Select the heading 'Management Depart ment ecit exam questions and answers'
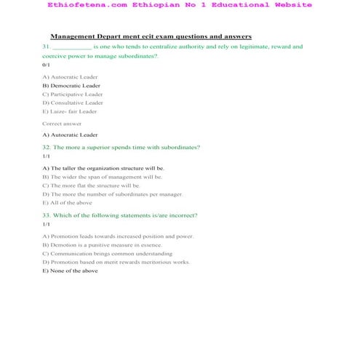pyautogui.click(x=151, y=36)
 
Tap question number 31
pyautogui.click(x=46, y=47)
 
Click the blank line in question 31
pyautogui.click(x=72, y=47)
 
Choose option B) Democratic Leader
pyautogui.click(x=71, y=85)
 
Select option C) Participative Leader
pyautogui.click(x=73, y=94)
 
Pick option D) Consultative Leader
pyautogui.click(x=73, y=103)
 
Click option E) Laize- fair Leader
pyautogui.click(x=70, y=111)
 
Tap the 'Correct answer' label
pyautogui.click(x=62, y=124)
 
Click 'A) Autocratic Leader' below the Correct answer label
pyautogui.click(x=70, y=135)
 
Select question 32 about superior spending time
pyautogui.click(x=121, y=147)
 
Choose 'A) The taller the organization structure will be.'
pyautogui.click(x=108, y=168)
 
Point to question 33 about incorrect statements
pyautogui.click(x=119, y=215)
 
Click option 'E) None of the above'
pyautogui.click(x=70, y=271)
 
